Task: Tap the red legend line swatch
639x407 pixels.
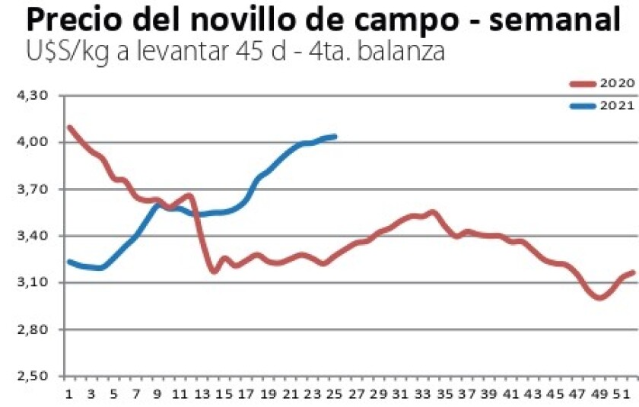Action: [x=584, y=84]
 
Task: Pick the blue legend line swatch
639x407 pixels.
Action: [x=584, y=107]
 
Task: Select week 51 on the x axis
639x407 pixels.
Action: [x=625, y=393]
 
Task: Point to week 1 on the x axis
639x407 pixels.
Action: [x=69, y=393]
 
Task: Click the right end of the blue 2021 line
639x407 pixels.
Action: [x=335, y=137]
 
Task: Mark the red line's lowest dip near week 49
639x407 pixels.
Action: [x=600, y=298]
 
